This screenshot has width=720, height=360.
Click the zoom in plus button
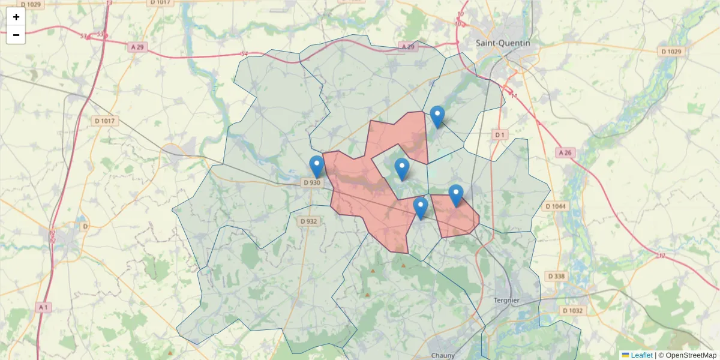coord(16,17)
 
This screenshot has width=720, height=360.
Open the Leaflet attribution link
coord(641,355)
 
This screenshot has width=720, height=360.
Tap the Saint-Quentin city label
coord(503,43)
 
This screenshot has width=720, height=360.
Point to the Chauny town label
coord(443,355)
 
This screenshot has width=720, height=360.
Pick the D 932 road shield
coord(308,221)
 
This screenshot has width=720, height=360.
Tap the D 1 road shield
coord(499,134)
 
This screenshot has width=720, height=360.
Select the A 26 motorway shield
coord(565,153)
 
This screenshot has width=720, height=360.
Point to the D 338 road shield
coord(556,276)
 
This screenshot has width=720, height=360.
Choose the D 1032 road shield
coord(573,311)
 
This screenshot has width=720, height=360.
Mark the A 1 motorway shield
coord(43,307)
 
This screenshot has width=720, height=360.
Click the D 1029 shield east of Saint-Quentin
coord(671,52)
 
